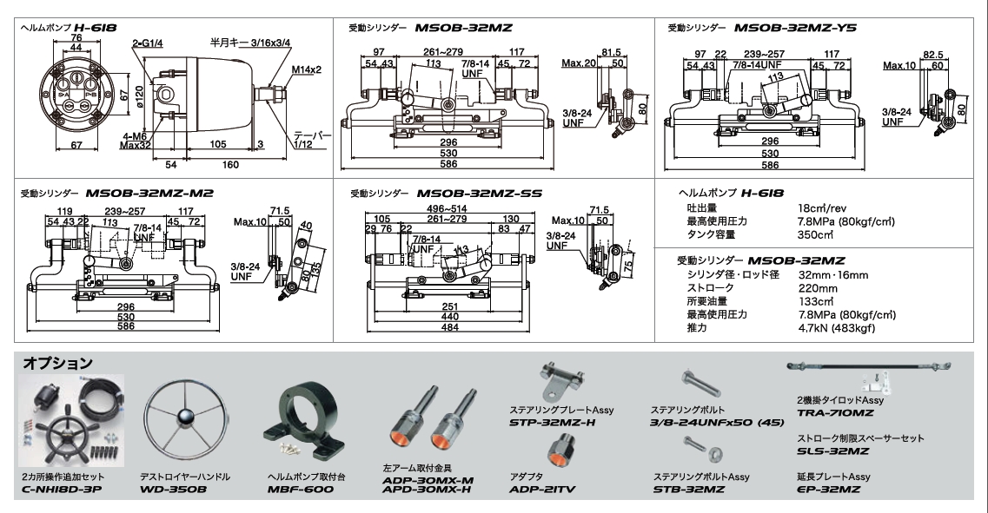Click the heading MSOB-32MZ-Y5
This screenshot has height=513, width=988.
pos(795,28)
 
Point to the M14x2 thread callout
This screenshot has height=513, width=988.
pos(306,69)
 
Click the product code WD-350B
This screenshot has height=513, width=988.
pos(174,489)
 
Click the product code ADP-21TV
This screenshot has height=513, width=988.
pos(543,489)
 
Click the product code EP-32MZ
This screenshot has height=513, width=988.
pos(829,489)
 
